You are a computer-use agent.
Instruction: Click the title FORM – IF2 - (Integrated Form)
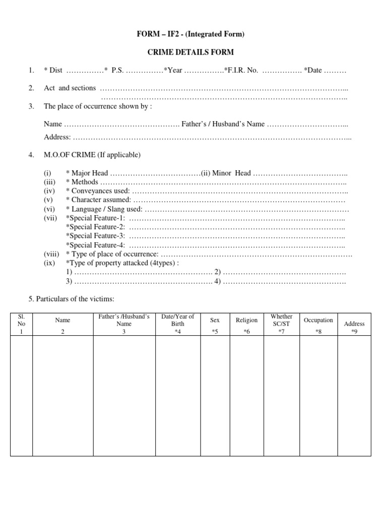194,34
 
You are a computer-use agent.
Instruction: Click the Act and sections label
70,88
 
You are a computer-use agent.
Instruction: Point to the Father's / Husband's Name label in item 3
223,124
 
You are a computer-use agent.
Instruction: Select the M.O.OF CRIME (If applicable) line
92,155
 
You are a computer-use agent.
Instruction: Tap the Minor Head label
231,173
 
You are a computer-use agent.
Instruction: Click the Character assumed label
100,200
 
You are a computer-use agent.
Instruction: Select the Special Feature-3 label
95,236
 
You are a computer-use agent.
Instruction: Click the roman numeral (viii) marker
51,254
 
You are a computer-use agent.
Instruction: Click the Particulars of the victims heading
72,299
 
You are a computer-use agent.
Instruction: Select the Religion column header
246,320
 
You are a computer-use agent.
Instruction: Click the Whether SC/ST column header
281,320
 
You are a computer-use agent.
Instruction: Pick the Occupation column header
318,320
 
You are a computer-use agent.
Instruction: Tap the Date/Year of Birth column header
177,320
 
